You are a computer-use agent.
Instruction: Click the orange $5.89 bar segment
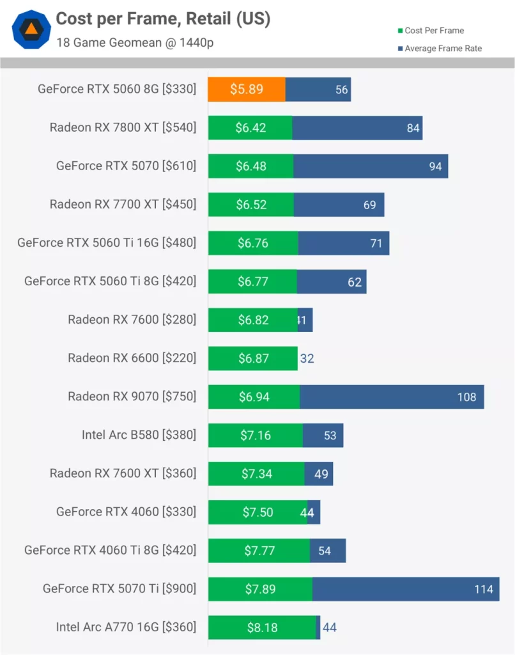(246, 90)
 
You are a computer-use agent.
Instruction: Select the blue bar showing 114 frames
(405, 589)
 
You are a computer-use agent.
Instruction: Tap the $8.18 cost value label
(262, 627)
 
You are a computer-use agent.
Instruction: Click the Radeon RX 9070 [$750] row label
(132, 397)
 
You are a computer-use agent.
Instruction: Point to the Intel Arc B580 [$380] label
(139, 435)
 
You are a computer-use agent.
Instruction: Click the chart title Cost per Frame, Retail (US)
(163, 19)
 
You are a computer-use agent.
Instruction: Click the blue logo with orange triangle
(31, 29)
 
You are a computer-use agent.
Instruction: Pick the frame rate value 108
(466, 397)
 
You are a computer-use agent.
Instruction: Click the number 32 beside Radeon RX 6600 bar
(307, 358)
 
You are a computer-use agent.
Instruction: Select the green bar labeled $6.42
(250, 128)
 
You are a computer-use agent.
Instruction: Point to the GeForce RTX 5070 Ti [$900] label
(119, 588)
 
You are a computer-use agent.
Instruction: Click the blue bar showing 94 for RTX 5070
(371, 166)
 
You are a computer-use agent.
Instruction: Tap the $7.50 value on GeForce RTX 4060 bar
(257, 512)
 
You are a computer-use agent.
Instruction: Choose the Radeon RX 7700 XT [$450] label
(123, 205)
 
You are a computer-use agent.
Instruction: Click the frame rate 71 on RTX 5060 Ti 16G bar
(376, 243)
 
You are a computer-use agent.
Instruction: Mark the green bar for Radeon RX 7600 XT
(256, 474)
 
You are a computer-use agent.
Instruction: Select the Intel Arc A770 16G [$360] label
(126, 627)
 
